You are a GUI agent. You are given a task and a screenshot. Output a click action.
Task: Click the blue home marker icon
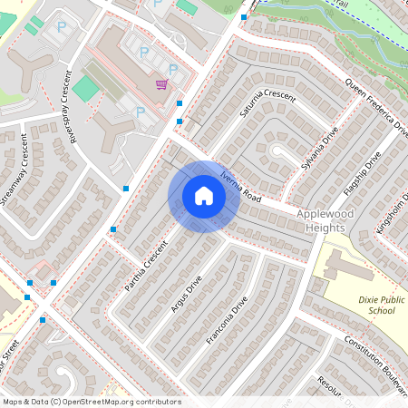click(204, 196)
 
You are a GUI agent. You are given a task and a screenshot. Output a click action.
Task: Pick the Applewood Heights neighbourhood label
click(331, 222)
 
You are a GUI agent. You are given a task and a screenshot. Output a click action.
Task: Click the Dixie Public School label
click(374, 305)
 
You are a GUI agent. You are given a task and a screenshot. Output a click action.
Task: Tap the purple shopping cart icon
click(161, 84)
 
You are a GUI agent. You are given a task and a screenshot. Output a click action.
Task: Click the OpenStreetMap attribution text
click(91, 402)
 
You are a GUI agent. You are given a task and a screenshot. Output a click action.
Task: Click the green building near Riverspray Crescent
click(85, 89)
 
